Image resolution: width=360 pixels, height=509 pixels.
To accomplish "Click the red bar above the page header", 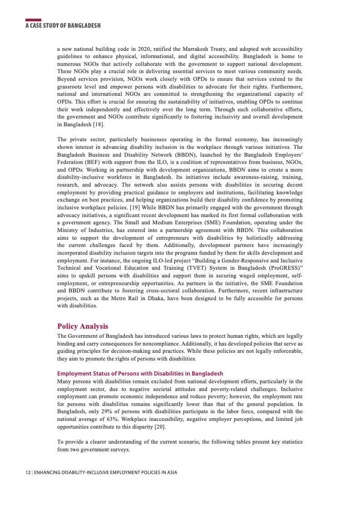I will coord(33,20).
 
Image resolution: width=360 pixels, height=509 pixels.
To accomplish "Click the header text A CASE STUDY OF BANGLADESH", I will coord(63,26).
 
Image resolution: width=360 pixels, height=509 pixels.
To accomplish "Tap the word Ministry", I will coord(68,230).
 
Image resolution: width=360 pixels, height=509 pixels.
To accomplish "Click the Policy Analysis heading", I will coord(83,326).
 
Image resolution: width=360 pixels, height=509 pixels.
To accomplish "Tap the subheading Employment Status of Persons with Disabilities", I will coord(140,374).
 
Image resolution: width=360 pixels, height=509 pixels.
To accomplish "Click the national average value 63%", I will coord(113,419).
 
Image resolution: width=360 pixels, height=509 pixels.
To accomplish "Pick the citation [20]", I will coord(159,427).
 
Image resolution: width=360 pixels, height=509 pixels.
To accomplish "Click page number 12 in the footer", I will coord(28,473).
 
